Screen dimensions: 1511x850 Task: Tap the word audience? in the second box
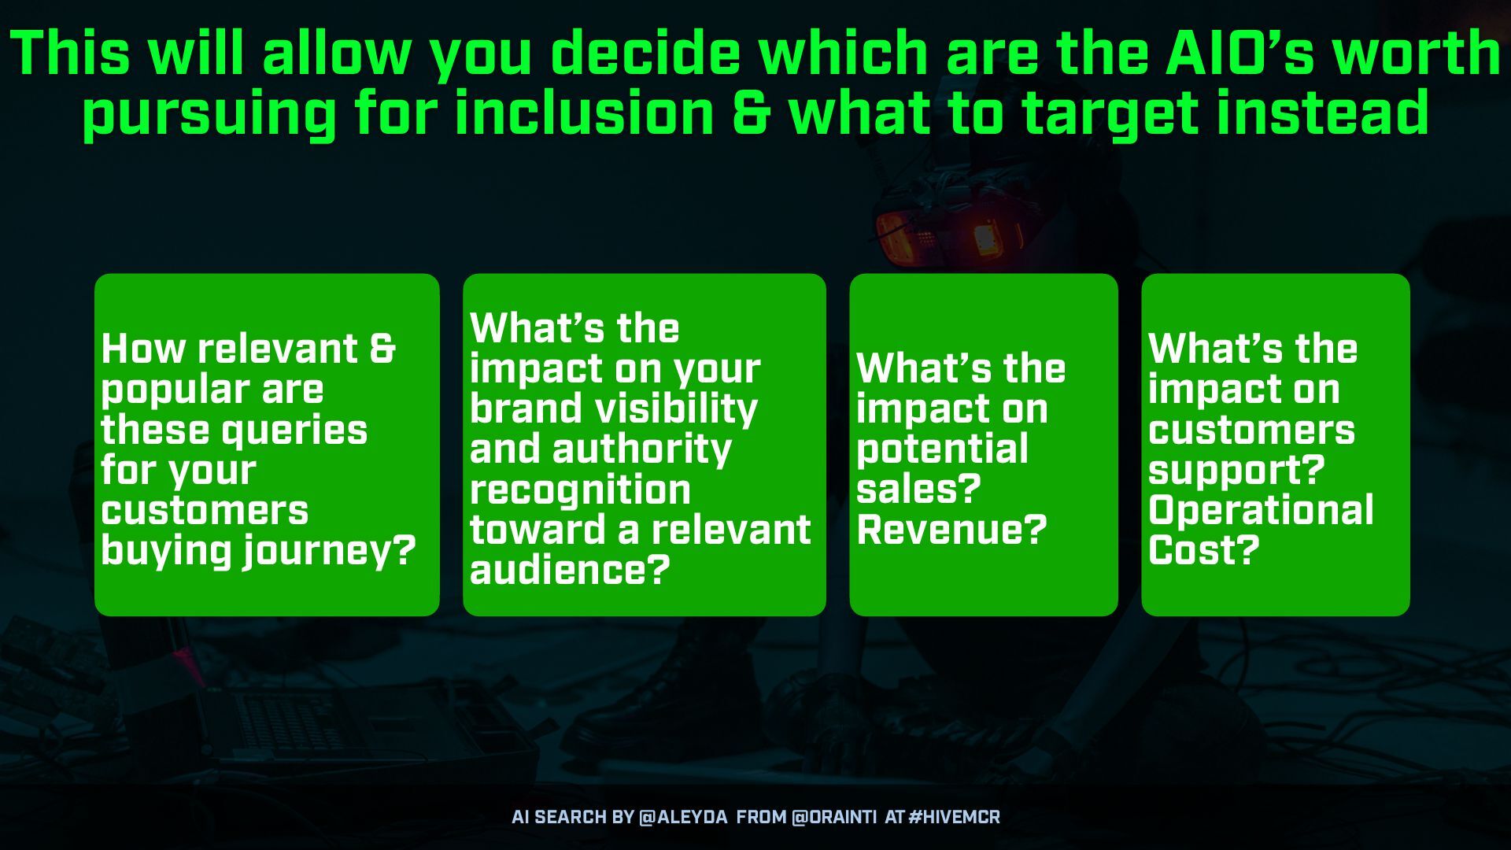click(x=570, y=569)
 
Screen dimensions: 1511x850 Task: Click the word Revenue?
click(x=951, y=529)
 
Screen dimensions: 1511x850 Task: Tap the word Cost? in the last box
click(x=1204, y=549)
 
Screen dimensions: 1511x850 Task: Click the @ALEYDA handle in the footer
click(x=683, y=817)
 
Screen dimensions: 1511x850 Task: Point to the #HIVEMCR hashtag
click(x=954, y=817)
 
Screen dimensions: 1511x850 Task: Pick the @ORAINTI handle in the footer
click(x=833, y=817)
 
